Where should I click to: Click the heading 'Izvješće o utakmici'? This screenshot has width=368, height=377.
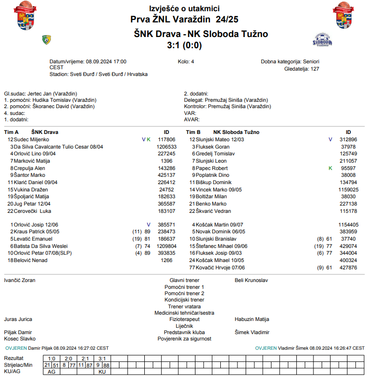coord(184,9)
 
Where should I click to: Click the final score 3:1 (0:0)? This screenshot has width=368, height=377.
coord(184,45)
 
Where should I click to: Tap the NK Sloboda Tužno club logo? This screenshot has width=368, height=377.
coord(322,40)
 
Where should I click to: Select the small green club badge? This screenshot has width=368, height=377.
coord(47,39)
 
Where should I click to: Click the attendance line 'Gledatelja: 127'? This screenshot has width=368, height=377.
coord(302,69)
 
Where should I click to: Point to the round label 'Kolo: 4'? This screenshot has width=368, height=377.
coord(186,62)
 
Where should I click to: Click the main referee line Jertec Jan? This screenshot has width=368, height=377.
coord(40,94)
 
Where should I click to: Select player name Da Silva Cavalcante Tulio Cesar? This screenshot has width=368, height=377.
coord(58,147)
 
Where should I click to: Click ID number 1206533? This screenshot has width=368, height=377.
coord(166,147)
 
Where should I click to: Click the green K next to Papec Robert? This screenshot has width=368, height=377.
coord(330,168)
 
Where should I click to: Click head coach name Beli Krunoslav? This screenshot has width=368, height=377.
coord(251,281)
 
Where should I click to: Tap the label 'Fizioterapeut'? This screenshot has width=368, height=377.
coord(184,320)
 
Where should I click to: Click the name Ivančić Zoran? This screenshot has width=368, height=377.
coord(19,281)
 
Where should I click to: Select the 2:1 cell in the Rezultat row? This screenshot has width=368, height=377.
coord(85,358)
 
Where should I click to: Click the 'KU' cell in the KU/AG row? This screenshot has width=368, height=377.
coord(102,372)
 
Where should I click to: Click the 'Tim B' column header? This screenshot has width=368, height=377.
coord(194,132)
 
